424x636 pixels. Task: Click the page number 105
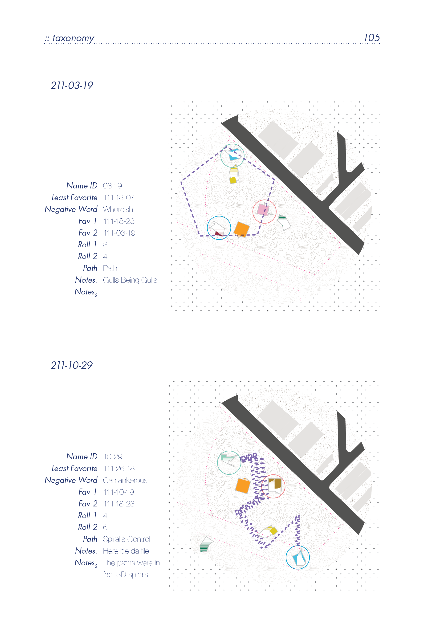point(372,38)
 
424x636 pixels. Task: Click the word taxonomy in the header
point(73,38)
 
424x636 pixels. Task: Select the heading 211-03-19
point(72,86)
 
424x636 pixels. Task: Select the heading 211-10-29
point(72,365)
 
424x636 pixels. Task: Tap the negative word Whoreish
point(118,209)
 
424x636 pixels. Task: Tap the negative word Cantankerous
point(125,480)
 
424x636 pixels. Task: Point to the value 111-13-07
point(119,198)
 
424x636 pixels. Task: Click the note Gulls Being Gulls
point(130,280)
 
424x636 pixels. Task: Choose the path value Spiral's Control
point(126,539)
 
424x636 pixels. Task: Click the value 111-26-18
point(119,469)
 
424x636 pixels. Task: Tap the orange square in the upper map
point(241,229)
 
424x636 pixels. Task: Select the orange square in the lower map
point(243,486)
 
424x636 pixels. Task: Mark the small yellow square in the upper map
point(233,180)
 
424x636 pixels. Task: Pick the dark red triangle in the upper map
point(219,233)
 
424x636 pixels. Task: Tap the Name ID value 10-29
point(113,457)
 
